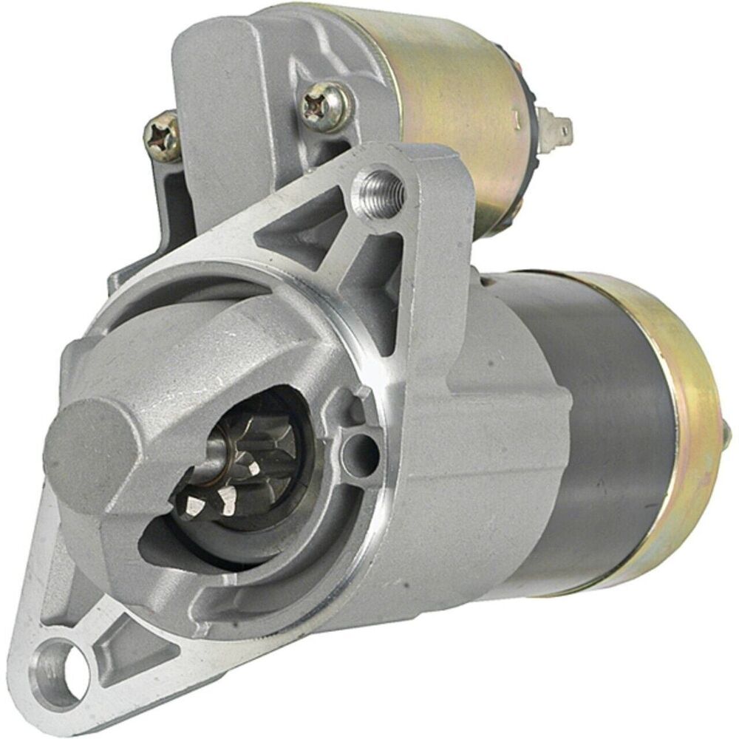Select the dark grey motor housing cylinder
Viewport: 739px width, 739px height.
point(606,414)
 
